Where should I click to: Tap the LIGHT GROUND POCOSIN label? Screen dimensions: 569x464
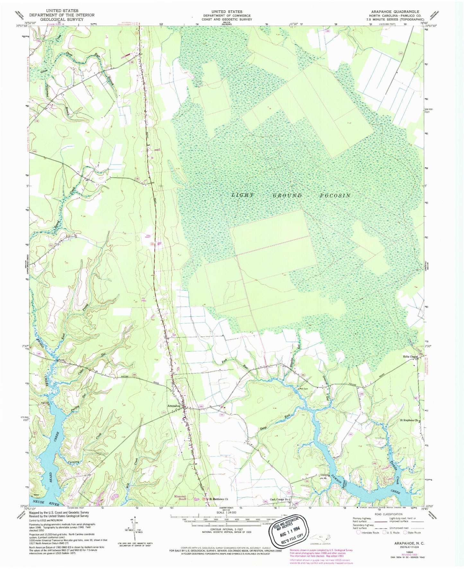(x=291, y=195)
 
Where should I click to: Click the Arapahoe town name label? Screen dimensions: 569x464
(x=173, y=406)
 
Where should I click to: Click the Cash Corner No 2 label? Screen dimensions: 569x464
(x=280, y=499)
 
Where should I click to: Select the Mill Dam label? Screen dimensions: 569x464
(x=304, y=389)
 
